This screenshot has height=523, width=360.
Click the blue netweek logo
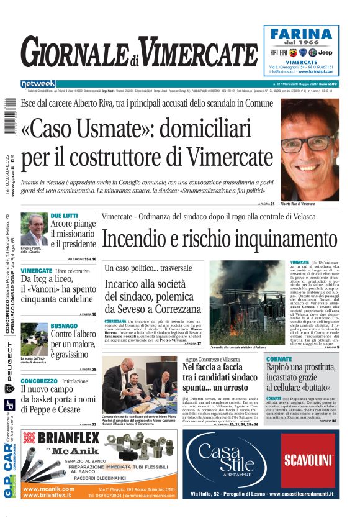(x=38, y=84)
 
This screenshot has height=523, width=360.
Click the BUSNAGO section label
(x=64, y=325)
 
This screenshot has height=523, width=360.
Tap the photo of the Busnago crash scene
(x=34, y=339)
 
